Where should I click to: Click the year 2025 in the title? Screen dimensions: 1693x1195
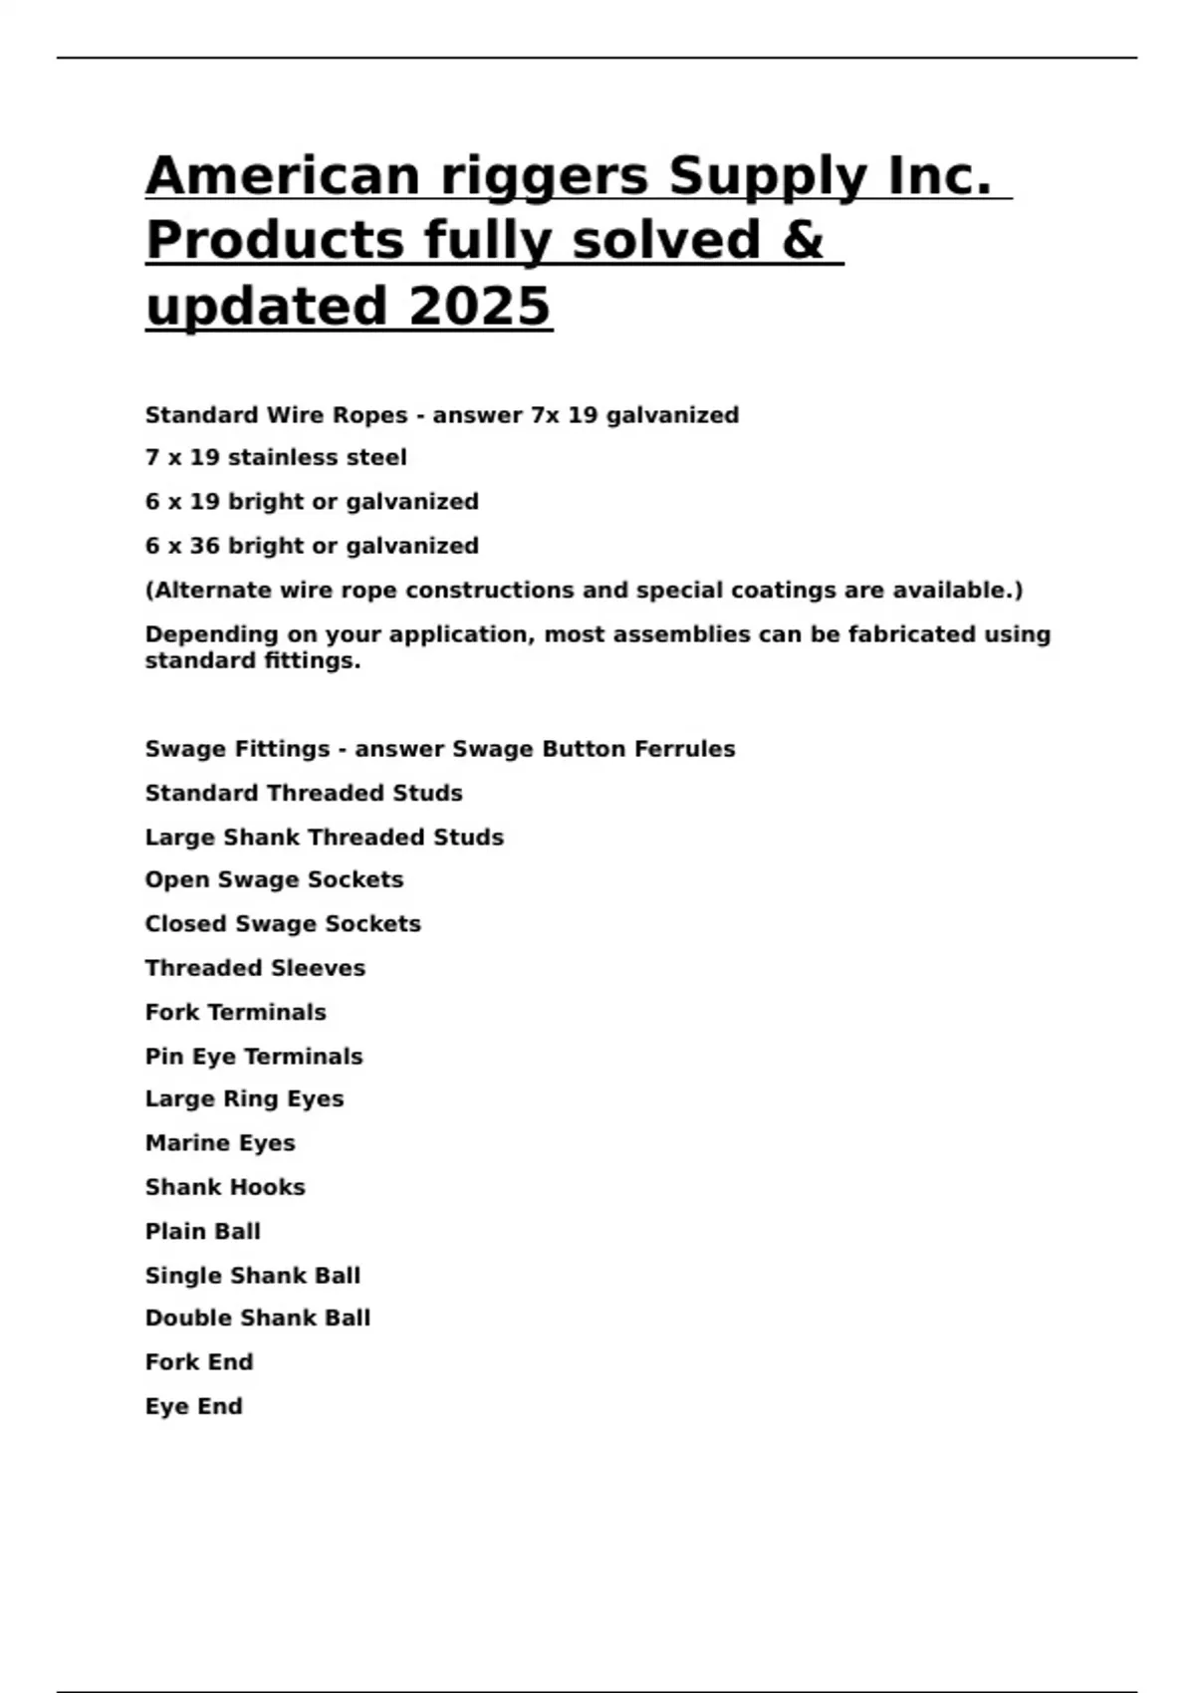pos(479,306)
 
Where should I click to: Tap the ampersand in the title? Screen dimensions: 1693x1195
pos(803,240)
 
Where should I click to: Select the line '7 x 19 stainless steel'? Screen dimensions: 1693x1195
pos(276,458)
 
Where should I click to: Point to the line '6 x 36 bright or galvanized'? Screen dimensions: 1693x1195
pos(312,546)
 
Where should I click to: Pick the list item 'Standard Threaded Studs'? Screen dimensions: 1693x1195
pos(304,794)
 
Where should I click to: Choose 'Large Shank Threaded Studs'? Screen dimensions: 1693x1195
pos(324,838)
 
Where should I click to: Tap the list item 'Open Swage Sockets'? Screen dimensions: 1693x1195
pos(274,880)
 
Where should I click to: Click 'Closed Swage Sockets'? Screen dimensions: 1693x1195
pos(283,924)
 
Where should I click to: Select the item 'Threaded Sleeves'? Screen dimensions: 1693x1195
pos(255,968)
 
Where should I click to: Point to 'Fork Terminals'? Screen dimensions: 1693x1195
pos(235,1013)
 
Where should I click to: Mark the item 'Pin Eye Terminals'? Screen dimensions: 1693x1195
pos(254,1057)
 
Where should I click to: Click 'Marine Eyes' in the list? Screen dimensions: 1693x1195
pos(220,1143)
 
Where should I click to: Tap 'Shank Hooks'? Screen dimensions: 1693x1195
pos(225,1187)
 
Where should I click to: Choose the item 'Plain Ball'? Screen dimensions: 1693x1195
pos(203,1232)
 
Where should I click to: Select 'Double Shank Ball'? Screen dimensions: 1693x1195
pos(258,1319)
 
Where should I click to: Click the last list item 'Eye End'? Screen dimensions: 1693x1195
pos(194,1406)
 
